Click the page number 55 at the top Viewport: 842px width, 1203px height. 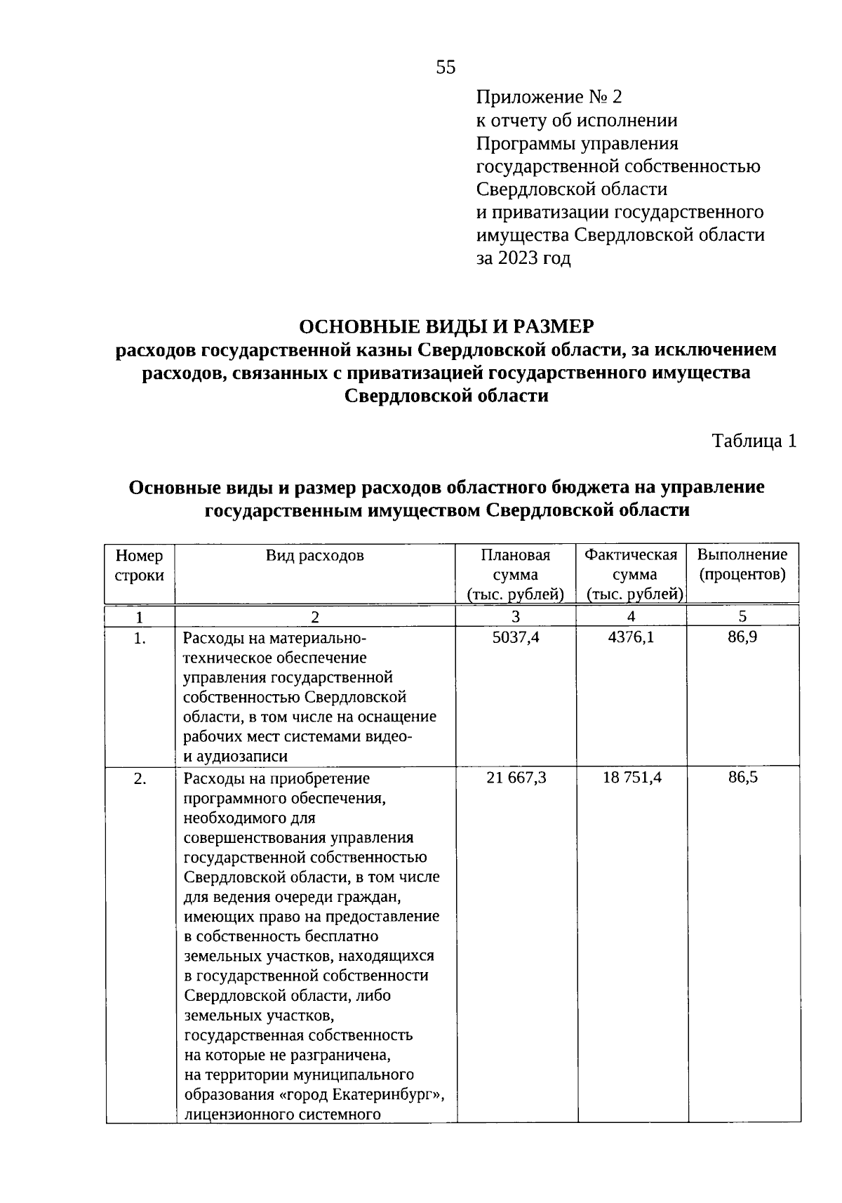click(x=446, y=67)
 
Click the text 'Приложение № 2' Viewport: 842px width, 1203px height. click(x=549, y=97)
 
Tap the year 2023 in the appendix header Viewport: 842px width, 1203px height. click(x=518, y=258)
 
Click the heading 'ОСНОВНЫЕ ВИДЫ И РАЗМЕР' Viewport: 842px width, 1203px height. click(x=446, y=326)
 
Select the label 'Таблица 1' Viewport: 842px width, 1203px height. click(x=754, y=441)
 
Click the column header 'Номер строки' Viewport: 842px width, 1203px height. click(x=140, y=566)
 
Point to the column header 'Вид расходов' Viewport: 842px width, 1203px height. click(x=314, y=556)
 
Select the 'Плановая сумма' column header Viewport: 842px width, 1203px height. click(x=516, y=575)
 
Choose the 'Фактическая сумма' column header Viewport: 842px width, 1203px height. click(x=631, y=575)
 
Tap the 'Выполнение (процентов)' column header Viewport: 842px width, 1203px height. click(x=742, y=565)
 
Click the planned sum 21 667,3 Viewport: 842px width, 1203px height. click(x=516, y=778)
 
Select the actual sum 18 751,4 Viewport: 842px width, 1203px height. click(x=631, y=778)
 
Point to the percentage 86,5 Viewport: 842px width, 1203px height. click(x=742, y=778)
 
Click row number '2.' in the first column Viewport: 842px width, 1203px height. click(x=140, y=778)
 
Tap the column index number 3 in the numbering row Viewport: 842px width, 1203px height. click(x=516, y=617)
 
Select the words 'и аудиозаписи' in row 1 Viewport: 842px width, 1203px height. click(x=235, y=757)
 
